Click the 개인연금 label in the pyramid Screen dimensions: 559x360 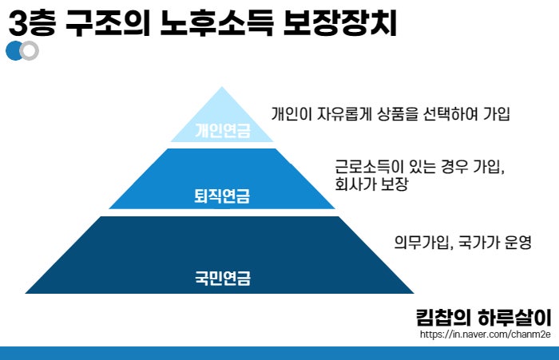(x=223, y=130)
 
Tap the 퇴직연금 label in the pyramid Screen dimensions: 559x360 (x=222, y=196)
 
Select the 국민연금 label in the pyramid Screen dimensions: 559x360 (x=223, y=278)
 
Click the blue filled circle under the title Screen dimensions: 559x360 (x=14, y=50)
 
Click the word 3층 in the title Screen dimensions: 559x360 (x=32, y=23)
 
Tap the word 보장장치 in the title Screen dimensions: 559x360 (x=340, y=23)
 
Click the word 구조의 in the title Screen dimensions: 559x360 (x=108, y=23)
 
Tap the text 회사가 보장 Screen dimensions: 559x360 (x=371, y=184)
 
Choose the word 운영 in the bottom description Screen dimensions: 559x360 (x=518, y=243)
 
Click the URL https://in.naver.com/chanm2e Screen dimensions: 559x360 (x=486, y=334)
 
